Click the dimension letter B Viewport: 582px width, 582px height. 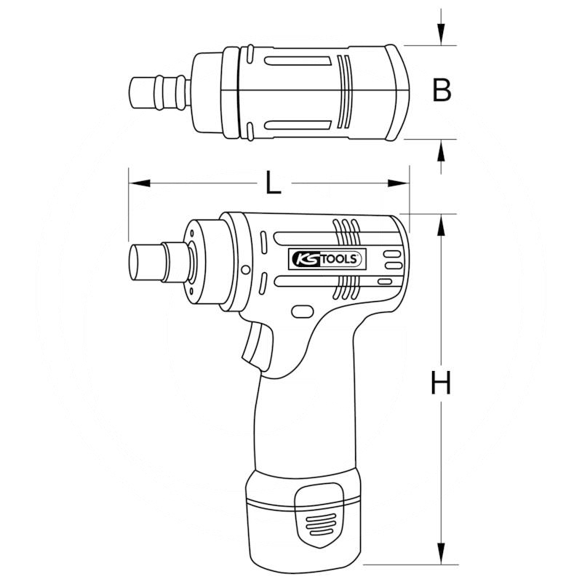coord(442,91)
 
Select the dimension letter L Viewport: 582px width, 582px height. coord(272,183)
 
